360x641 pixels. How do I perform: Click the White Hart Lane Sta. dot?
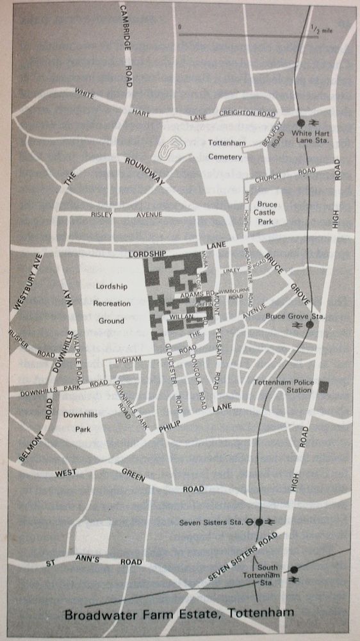[x=301, y=122]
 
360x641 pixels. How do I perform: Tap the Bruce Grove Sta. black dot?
[x=309, y=325]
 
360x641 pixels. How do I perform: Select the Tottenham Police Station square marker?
[x=324, y=387]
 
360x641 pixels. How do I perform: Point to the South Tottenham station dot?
[x=294, y=569]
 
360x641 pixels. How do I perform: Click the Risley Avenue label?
[x=136, y=214]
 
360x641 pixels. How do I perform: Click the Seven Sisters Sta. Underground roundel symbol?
[x=249, y=522]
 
